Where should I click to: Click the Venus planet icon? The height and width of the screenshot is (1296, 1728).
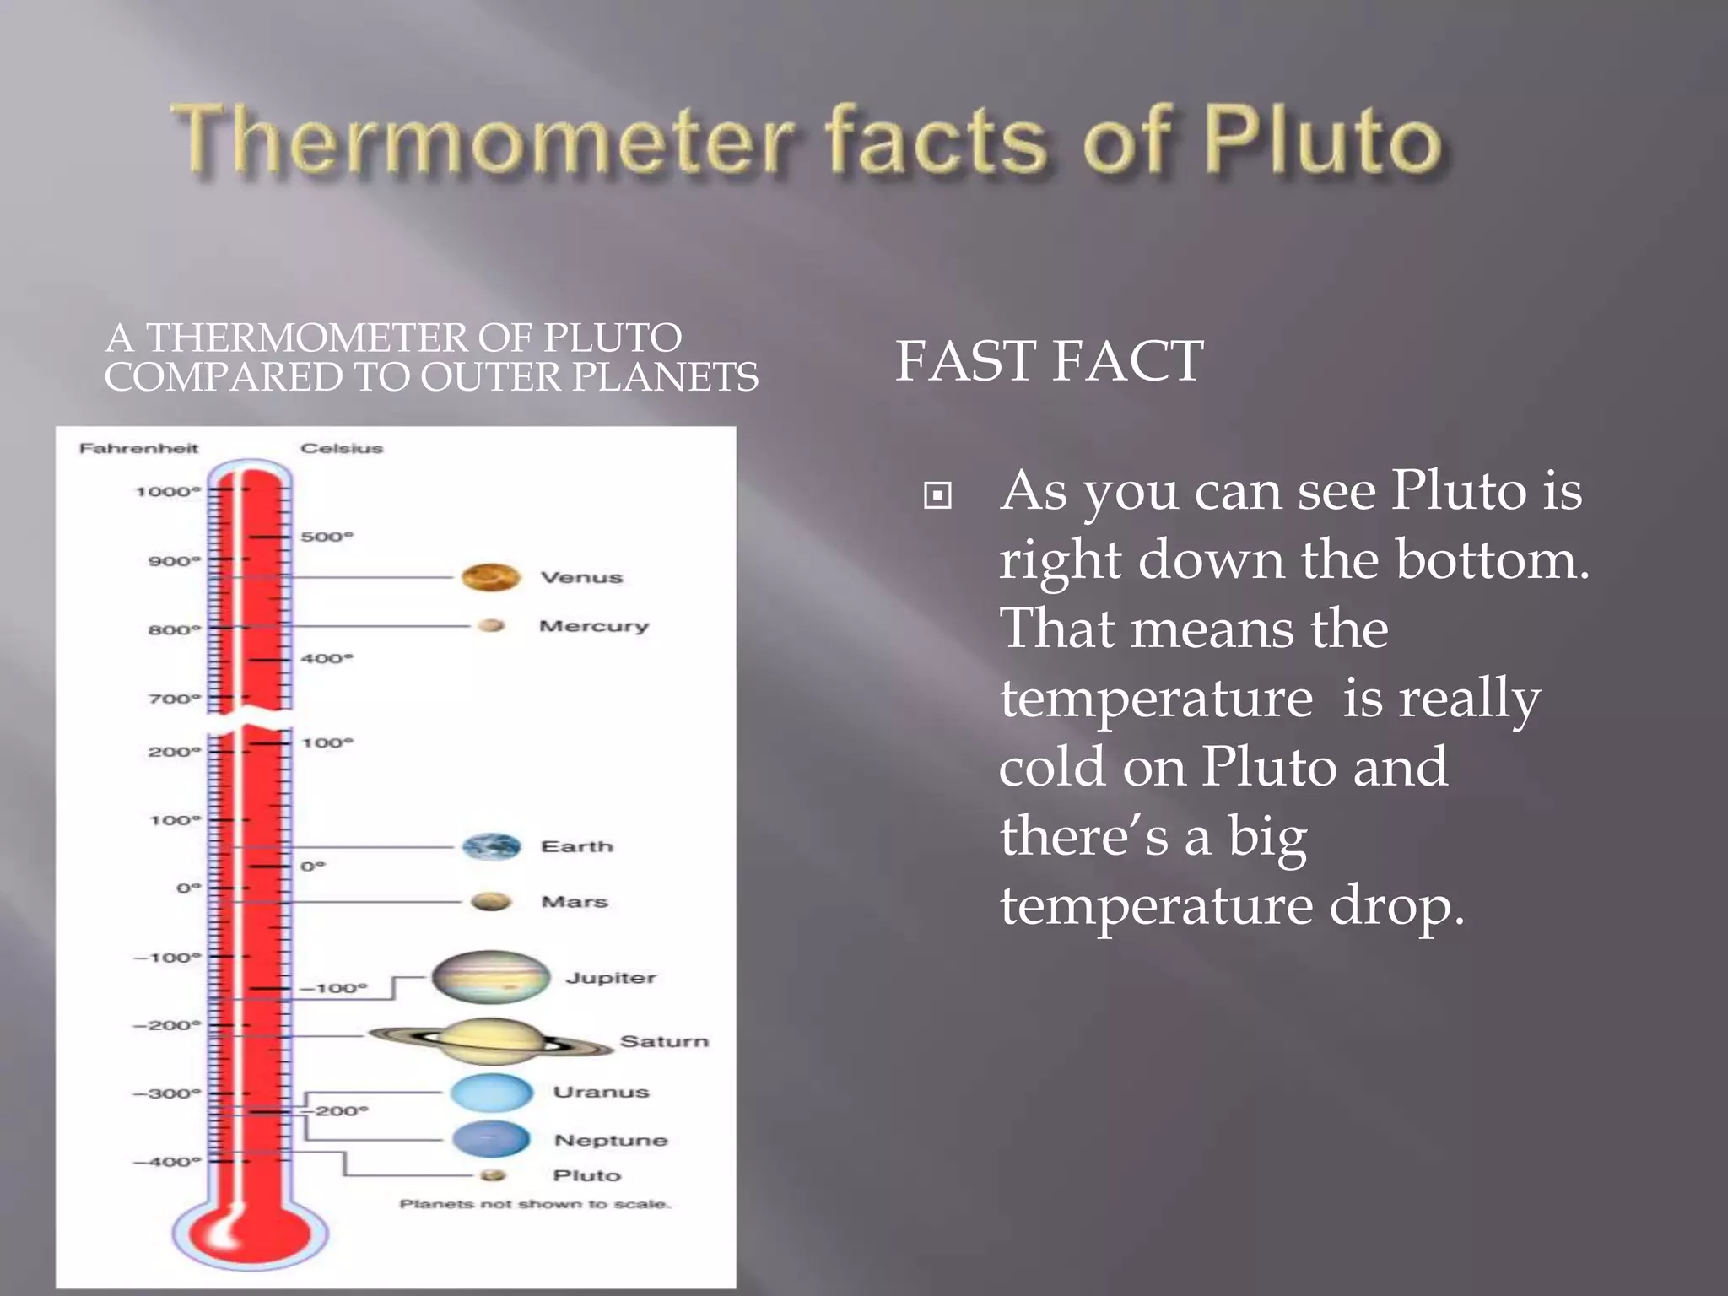(x=490, y=578)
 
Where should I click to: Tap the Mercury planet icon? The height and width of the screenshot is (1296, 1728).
(x=491, y=625)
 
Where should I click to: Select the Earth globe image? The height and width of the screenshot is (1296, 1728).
(x=491, y=846)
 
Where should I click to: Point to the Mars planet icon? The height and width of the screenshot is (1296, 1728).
(x=491, y=902)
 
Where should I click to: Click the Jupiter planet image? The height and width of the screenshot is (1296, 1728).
(x=491, y=977)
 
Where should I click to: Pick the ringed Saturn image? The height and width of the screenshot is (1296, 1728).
(x=491, y=1040)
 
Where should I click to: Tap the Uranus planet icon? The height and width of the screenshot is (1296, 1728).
(x=492, y=1092)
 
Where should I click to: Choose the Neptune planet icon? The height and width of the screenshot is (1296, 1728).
(x=491, y=1139)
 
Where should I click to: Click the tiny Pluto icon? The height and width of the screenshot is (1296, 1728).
(x=493, y=1175)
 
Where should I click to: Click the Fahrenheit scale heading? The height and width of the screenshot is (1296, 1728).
(x=138, y=448)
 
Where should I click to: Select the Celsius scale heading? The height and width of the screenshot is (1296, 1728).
(x=342, y=448)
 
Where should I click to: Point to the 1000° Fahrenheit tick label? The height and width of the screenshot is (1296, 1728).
(x=168, y=491)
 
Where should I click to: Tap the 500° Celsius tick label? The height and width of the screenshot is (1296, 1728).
(x=327, y=537)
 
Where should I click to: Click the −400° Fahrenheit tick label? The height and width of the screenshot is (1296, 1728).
(x=167, y=1162)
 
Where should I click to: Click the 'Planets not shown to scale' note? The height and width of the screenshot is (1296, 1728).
(x=535, y=1204)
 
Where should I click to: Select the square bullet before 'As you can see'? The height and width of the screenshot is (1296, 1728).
(x=937, y=495)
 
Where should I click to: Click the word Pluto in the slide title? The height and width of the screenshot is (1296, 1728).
(x=1323, y=139)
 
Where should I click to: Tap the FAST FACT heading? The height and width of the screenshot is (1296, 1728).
(x=1049, y=361)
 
